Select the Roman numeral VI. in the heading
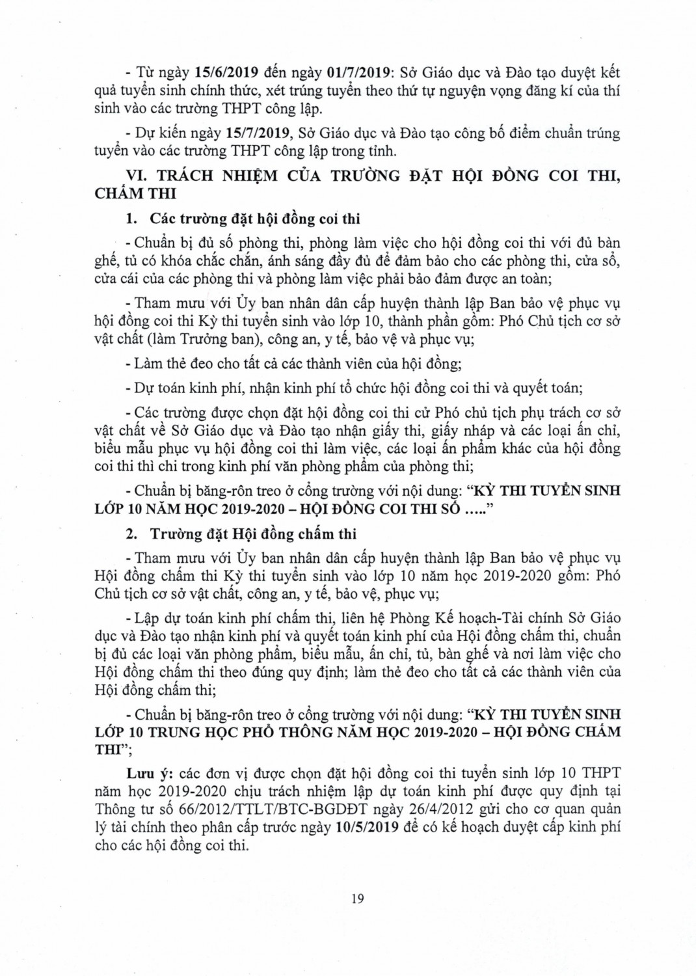(x=136, y=176)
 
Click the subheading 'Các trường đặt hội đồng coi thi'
(x=255, y=219)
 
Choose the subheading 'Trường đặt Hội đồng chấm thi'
(x=253, y=534)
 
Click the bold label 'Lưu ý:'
(x=150, y=774)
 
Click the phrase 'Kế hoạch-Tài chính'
(x=477, y=617)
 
